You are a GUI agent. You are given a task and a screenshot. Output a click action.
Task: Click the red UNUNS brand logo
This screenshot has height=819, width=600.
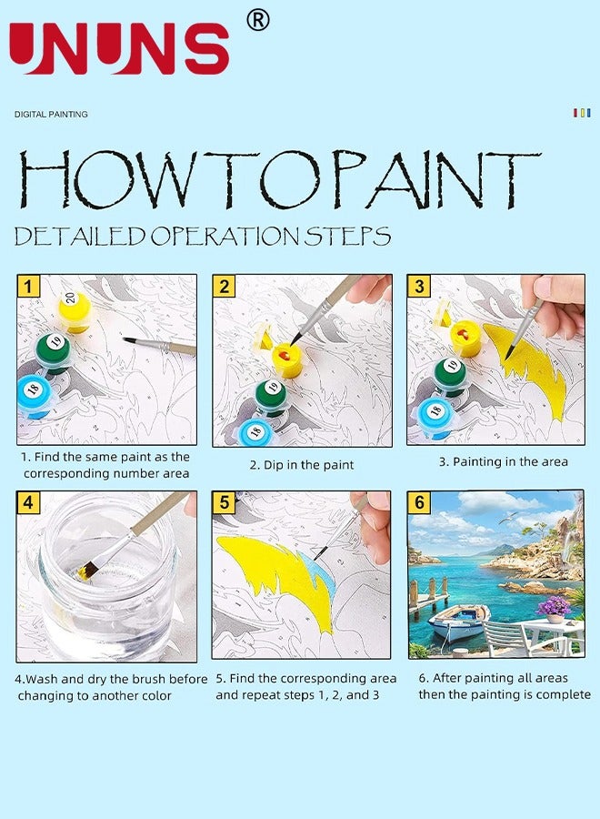[x=119, y=48]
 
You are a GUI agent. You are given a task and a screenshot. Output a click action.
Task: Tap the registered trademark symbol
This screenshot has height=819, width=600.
[x=258, y=21]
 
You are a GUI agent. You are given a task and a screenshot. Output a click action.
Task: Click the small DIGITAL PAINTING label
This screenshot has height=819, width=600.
[x=51, y=114]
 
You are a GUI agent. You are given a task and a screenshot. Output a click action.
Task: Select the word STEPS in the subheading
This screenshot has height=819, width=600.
[x=347, y=236]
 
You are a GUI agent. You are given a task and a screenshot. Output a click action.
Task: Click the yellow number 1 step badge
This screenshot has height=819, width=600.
[x=28, y=287]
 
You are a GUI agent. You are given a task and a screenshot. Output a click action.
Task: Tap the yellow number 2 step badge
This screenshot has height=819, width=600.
[x=224, y=287]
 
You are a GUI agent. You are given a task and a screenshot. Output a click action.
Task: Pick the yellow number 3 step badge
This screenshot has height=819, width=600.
[x=419, y=287]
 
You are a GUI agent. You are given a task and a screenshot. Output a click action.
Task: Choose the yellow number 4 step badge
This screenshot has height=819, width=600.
[x=28, y=502]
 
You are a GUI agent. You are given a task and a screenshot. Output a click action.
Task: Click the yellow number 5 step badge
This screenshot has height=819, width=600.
[x=224, y=502]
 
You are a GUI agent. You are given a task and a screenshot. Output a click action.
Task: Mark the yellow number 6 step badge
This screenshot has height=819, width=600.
[x=419, y=502]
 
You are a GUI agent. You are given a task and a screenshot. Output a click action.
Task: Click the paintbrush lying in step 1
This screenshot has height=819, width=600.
[x=160, y=346]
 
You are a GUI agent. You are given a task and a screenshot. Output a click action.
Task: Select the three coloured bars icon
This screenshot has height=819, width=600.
[x=582, y=113]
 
